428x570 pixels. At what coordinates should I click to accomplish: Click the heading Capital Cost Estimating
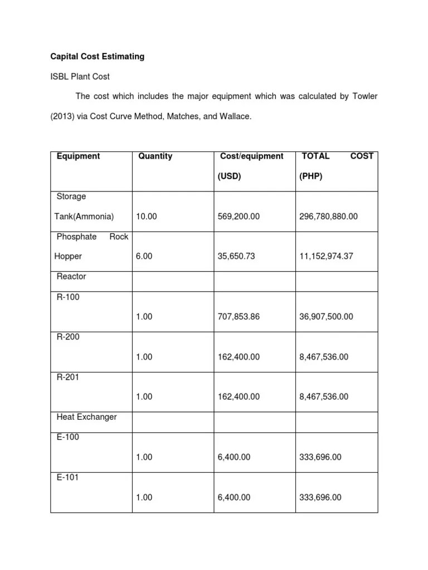tap(98, 56)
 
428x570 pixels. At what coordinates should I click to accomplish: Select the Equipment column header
tap(79, 156)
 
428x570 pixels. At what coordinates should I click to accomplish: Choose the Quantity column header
tap(155, 156)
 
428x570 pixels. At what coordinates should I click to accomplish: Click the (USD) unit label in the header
tap(229, 176)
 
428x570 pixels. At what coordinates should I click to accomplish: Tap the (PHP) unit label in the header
tap(311, 176)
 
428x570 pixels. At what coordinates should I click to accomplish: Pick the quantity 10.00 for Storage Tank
tap(147, 217)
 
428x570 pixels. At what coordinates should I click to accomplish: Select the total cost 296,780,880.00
tap(328, 217)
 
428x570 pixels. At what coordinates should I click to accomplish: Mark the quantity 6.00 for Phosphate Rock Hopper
tap(144, 257)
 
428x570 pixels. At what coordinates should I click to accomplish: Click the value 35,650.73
tap(236, 257)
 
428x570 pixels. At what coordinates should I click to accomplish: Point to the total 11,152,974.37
tap(326, 257)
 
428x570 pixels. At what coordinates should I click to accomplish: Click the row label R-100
tap(68, 297)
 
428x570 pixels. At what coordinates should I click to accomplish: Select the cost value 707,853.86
tap(239, 317)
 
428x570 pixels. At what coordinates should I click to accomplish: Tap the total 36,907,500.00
tap(326, 317)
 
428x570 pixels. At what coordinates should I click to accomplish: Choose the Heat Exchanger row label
tap(87, 417)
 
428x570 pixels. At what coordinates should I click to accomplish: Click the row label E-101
tap(67, 477)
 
